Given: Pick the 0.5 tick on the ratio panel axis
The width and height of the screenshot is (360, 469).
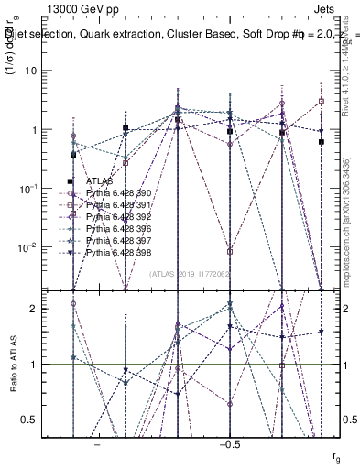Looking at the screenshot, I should [x=41, y=420].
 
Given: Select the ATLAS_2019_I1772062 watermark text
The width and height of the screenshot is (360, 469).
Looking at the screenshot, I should [x=191, y=273].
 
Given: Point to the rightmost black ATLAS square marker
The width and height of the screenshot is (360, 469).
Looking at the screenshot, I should [x=322, y=142].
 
